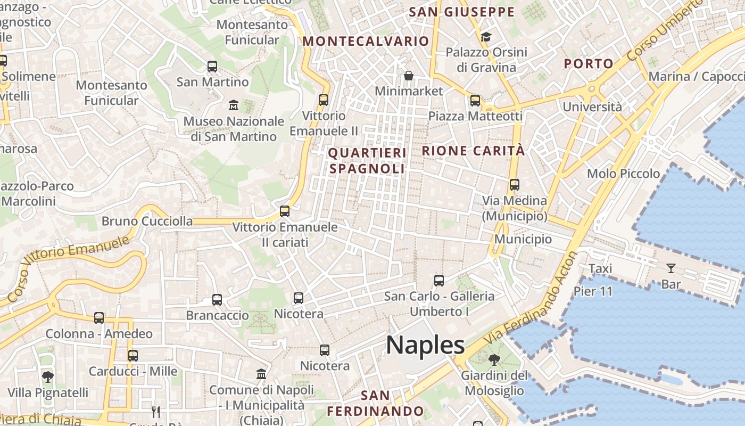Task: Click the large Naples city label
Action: pyautogui.click(x=425, y=345)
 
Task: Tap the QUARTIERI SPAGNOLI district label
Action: pyautogui.click(x=367, y=161)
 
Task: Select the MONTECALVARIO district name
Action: pyautogui.click(x=366, y=41)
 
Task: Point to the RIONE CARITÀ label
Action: pyautogui.click(x=473, y=151)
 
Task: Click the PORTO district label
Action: pyautogui.click(x=589, y=63)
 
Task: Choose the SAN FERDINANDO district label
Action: pyautogui.click(x=375, y=403)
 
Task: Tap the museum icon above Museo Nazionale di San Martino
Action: pyautogui.click(x=233, y=104)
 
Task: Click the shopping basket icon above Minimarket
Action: pyautogui.click(x=408, y=76)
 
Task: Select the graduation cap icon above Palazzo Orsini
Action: pyautogui.click(x=486, y=37)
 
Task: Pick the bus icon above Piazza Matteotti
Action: pyautogui.click(x=475, y=100)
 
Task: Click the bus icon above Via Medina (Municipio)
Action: pyautogui.click(x=514, y=185)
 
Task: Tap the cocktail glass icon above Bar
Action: pyautogui.click(x=670, y=268)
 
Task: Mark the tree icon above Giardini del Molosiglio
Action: pyautogui.click(x=494, y=359)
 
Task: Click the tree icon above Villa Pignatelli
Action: pyautogui.click(x=47, y=377)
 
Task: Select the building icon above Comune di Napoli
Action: pyautogui.click(x=261, y=374)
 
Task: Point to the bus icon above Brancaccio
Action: pyautogui.click(x=217, y=299)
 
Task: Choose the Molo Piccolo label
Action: pyautogui.click(x=623, y=174)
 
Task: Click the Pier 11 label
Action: pyautogui.click(x=593, y=291)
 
